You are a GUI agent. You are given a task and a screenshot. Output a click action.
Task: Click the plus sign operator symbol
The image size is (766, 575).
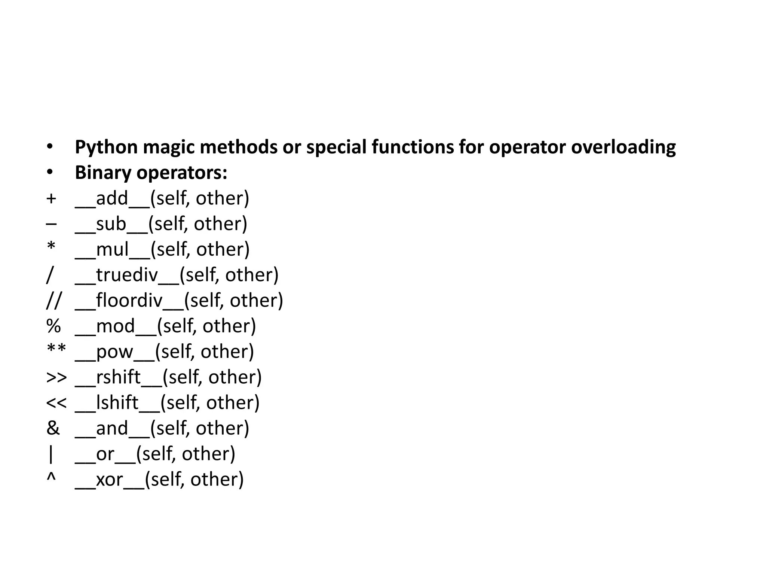tap(51, 198)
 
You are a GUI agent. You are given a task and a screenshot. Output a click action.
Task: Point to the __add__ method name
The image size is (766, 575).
tap(112, 198)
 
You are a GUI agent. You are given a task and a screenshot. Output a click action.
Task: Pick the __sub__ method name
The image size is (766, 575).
tap(111, 224)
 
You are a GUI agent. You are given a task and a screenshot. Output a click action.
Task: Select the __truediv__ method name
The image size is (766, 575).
tap(127, 275)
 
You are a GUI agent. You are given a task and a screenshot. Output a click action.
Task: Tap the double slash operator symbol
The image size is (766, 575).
tap(53, 301)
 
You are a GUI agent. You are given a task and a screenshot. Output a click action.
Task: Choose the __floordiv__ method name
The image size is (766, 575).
tap(129, 301)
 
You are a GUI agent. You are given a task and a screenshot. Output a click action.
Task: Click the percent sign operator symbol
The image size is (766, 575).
tap(53, 326)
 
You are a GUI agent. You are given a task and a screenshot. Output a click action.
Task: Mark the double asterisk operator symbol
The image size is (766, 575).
tap(56, 350)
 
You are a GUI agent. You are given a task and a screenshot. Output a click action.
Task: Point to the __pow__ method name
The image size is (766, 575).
tap(114, 352)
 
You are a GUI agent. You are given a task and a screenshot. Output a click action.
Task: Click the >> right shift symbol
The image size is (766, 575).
tap(56, 377)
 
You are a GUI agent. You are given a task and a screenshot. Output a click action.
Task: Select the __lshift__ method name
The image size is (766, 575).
tap(117, 403)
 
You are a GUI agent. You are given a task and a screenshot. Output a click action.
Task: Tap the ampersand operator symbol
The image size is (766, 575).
tap(53, 428)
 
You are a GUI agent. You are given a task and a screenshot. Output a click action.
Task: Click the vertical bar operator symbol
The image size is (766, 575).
tap(51, 454)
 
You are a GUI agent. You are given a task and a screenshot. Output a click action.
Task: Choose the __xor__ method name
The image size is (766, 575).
tap(110, 480)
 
